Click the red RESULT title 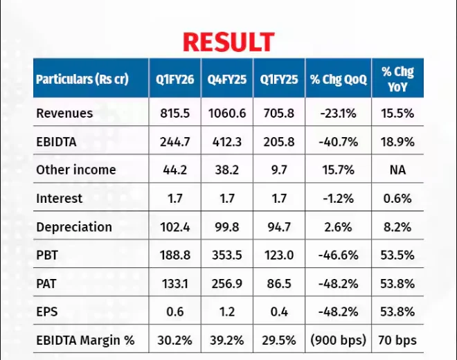228,42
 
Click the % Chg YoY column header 397,79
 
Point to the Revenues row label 64,113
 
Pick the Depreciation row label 74,226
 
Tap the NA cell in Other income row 397,170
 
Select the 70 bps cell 397,340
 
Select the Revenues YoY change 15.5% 397,113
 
